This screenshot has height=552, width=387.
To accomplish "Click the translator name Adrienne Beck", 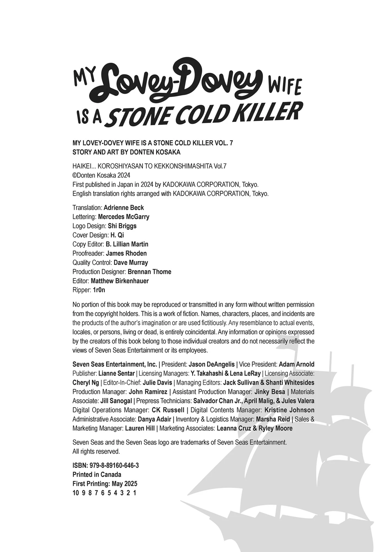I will click(124, 208).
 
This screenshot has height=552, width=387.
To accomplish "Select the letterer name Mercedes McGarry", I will click(124, 217).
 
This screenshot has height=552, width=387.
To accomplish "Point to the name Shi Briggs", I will click(122, 226).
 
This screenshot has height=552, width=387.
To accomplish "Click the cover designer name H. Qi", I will click(117, 235).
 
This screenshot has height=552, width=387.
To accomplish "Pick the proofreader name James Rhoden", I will click(126, 253).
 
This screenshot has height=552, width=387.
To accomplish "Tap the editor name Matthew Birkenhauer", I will click(120, 281).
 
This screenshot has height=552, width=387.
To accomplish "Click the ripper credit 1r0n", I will click(99, 290).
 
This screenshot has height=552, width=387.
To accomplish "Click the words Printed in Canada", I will click(97, 475).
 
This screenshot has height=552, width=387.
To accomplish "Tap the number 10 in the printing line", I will click(76, 493).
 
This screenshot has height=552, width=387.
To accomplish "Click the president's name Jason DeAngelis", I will click(212, 364).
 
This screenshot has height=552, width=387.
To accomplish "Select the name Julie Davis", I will click(157, 383).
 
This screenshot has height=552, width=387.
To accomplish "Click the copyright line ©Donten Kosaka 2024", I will click(101, 175).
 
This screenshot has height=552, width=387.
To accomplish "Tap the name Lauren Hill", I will click(140, 428).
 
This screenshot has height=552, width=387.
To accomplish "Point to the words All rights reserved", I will click(96, 452).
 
